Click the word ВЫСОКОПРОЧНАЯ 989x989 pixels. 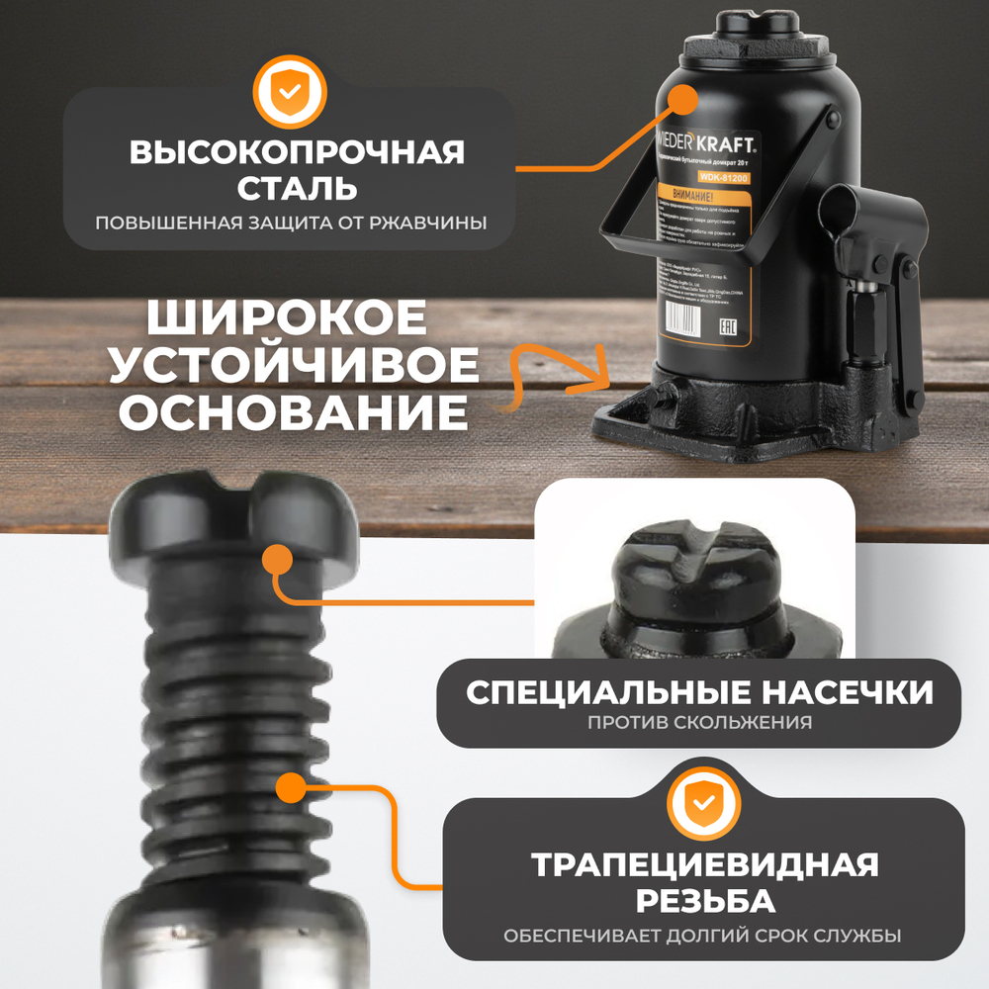297,153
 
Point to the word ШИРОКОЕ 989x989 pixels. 287,319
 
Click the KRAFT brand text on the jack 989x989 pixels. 733,144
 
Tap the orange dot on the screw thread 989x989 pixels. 290,788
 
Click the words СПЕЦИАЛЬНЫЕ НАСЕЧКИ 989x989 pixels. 699,691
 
